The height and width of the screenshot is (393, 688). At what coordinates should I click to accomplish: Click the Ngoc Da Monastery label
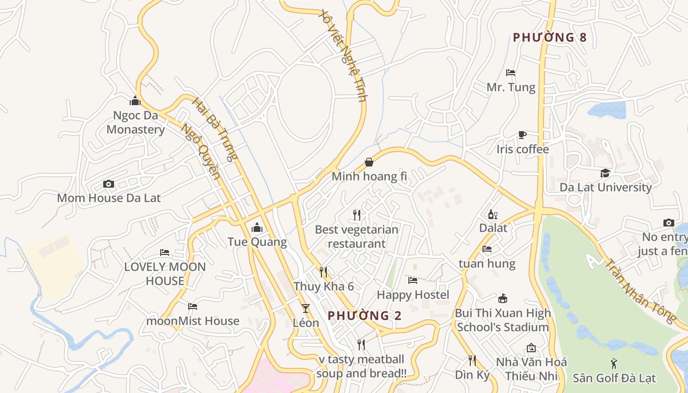click(x=136, y=123)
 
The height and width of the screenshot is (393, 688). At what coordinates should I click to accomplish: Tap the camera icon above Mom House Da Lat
click(x=109, y=184)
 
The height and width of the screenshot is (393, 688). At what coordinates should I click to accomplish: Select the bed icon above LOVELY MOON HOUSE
click(x=165, y=253)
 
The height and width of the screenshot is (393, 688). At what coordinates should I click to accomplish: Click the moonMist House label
click(x=193, y=321)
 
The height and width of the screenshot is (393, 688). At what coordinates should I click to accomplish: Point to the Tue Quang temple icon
click(x=257, y=228)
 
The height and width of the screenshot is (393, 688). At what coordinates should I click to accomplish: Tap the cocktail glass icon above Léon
click(x=306, y=309)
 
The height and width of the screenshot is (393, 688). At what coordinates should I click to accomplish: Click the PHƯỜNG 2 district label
click(x=365, y=315)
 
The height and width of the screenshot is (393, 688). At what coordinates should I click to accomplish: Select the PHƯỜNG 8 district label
click(x=549, y=37)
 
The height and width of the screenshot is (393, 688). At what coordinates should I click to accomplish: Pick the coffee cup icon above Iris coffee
click(x=522, y=135)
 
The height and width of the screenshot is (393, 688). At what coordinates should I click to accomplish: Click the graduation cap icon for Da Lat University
click(x=605, y=173)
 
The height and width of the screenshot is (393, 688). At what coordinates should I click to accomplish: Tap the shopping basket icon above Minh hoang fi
click(x=369, y=162)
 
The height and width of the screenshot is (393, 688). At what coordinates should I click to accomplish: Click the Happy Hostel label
click(x=413, y=295)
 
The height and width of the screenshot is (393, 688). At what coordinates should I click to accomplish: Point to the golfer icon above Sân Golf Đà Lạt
click(x=614, y=364)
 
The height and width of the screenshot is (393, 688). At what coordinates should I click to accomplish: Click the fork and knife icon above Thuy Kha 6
click(x=323, y=272)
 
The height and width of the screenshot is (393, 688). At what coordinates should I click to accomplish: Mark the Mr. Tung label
click(x=511, y=87)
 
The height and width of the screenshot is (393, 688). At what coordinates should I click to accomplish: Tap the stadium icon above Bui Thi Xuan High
click(x=502, y=299)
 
